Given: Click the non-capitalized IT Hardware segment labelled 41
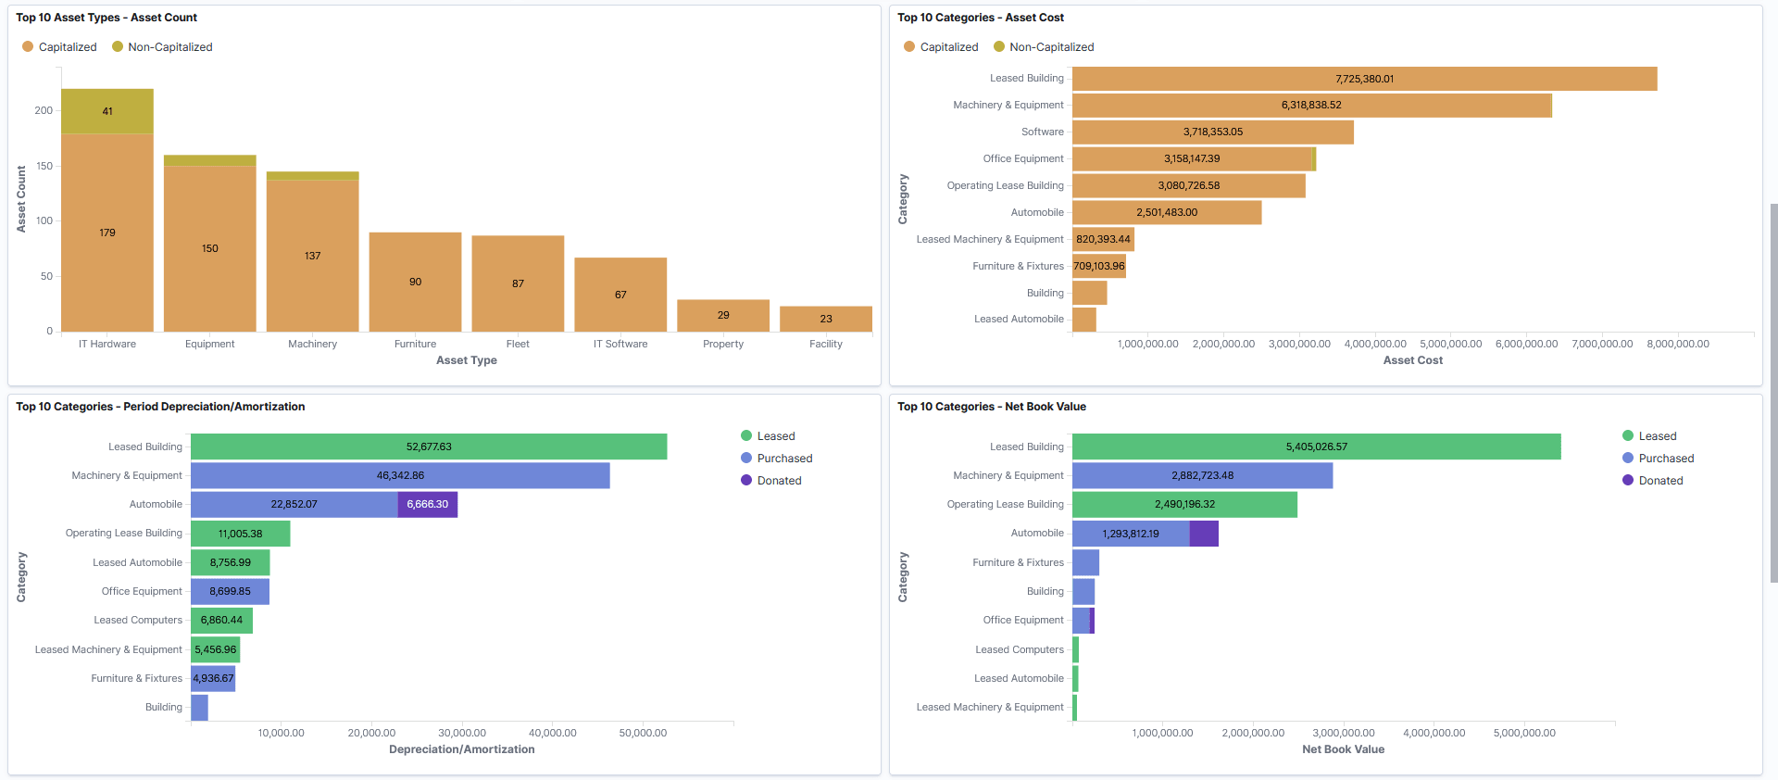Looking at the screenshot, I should (107, 111).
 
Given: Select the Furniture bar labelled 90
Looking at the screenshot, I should (415, 282).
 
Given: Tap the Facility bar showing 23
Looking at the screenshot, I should (825, 319).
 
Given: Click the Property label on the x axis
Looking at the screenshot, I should (723, 344).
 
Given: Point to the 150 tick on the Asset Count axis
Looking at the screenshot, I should (44, 166).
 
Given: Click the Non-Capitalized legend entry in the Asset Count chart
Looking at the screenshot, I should (169, 47).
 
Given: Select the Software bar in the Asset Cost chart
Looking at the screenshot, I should (1212, 132).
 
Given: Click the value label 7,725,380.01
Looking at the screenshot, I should (1364, 79).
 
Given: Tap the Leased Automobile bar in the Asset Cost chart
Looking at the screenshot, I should (1083, 320).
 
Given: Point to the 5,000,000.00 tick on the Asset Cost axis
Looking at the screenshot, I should (1450, 344).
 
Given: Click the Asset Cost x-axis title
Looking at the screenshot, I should (1412, 360).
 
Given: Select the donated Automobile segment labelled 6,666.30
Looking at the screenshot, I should (428, 505).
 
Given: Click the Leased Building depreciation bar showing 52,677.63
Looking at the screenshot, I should (429, 447).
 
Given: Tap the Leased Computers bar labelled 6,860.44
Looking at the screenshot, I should (221, 621).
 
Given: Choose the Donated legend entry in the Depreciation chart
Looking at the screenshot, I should (779, 481).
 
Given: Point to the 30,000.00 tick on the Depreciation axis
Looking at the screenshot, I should (461, 733).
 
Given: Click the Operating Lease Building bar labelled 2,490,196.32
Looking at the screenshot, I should (1184, 505).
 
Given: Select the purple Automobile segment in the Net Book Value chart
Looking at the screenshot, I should (1204, 534).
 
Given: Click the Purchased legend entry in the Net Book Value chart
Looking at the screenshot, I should (1665, 459).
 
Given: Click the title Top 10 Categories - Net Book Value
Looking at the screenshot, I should (991, 407).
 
